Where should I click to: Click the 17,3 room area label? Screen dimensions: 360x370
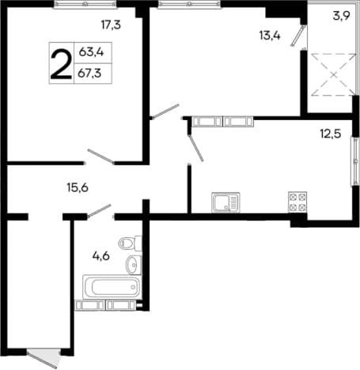coord(111,25)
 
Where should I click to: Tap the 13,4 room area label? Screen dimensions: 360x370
coord(270,36)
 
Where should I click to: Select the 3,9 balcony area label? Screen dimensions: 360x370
coord(341,16)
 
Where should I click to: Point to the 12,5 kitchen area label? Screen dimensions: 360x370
coord(331,134)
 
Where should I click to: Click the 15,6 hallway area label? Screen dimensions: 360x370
coord(78,188)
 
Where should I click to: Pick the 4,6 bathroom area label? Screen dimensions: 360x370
coord(101,256)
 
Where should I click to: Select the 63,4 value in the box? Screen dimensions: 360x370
coord(92,52)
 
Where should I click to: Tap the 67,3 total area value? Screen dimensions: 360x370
coord(89,73)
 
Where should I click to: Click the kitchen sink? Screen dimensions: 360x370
coord(225,202)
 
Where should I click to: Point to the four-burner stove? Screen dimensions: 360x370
coord(297,202)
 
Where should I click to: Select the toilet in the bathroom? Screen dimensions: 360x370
coord(130,243)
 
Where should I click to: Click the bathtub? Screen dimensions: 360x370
coord(112,287)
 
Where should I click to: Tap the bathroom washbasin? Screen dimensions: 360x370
coord(134,265)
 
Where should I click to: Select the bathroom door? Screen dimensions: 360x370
coord(100,211)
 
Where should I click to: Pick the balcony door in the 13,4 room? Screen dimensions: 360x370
coord(298,36)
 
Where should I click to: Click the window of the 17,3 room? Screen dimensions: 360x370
coord(85,5)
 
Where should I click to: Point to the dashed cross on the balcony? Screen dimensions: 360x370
coord(334,74)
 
